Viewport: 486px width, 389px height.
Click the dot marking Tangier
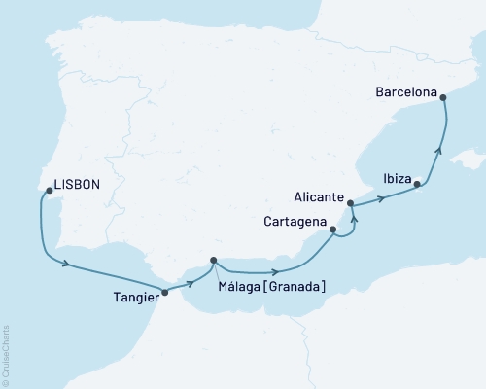[163, 291]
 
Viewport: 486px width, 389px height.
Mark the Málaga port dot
[213, 260]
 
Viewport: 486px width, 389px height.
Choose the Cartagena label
[295, 221]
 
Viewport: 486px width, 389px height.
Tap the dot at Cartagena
[333, 230]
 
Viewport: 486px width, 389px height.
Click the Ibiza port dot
[417, 184]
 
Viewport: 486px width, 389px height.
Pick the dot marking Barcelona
[443, 96]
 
